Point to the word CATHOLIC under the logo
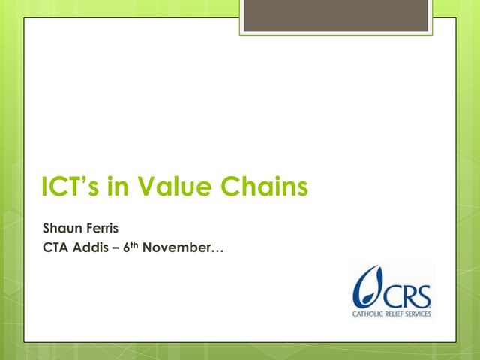point(367,313)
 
